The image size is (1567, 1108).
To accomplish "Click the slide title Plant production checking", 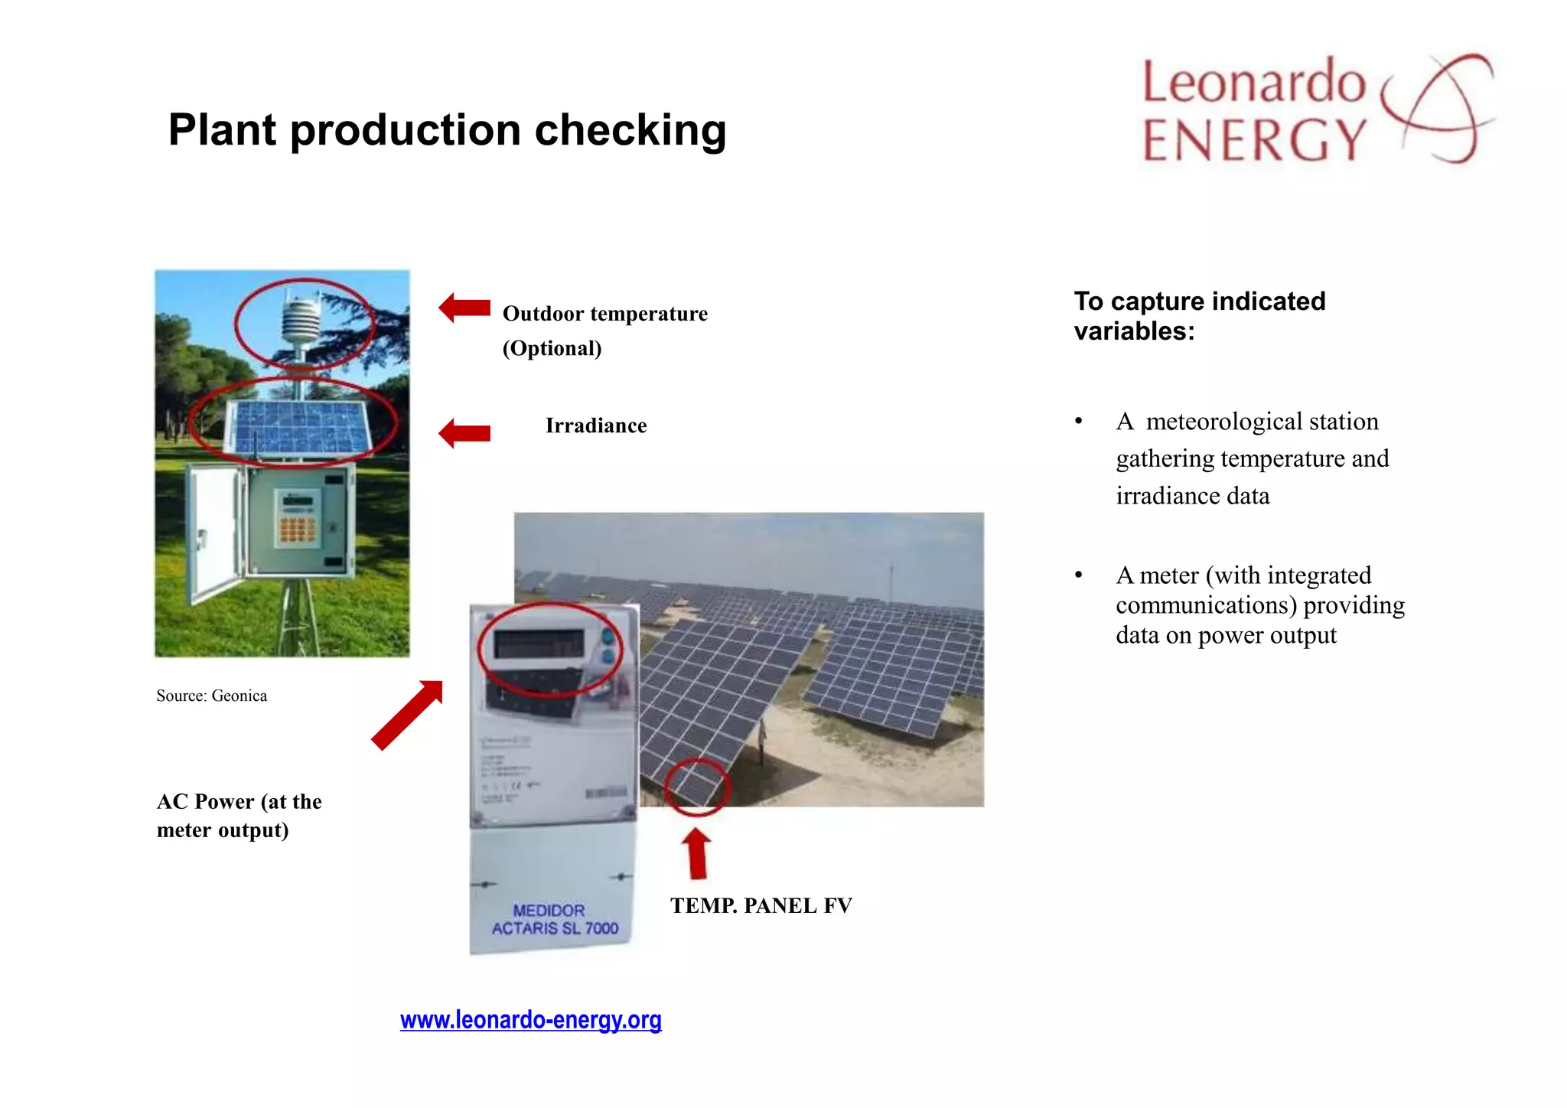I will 447,130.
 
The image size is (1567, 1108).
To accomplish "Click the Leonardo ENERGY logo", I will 1316,109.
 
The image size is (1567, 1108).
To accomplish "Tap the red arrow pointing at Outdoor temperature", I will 464,308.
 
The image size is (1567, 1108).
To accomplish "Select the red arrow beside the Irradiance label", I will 464,433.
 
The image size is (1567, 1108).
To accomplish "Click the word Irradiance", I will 595,425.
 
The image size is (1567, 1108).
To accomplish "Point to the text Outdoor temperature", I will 604,314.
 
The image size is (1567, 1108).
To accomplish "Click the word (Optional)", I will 552,348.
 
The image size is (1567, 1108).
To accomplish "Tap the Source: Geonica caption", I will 211,696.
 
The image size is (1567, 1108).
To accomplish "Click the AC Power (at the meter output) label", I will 239,816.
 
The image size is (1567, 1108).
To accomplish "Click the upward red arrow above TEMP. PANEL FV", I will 696,853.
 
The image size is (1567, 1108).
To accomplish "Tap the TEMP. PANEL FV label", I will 761,906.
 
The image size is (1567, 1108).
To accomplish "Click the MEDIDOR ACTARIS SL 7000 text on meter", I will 554,919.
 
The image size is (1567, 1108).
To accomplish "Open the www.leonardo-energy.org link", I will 530,1020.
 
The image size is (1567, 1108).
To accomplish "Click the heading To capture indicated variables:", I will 1199,316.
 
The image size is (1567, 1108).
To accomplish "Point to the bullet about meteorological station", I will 1252,458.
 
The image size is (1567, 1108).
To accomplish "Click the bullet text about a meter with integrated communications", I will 1259,605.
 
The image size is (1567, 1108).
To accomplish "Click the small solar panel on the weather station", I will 298,427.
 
